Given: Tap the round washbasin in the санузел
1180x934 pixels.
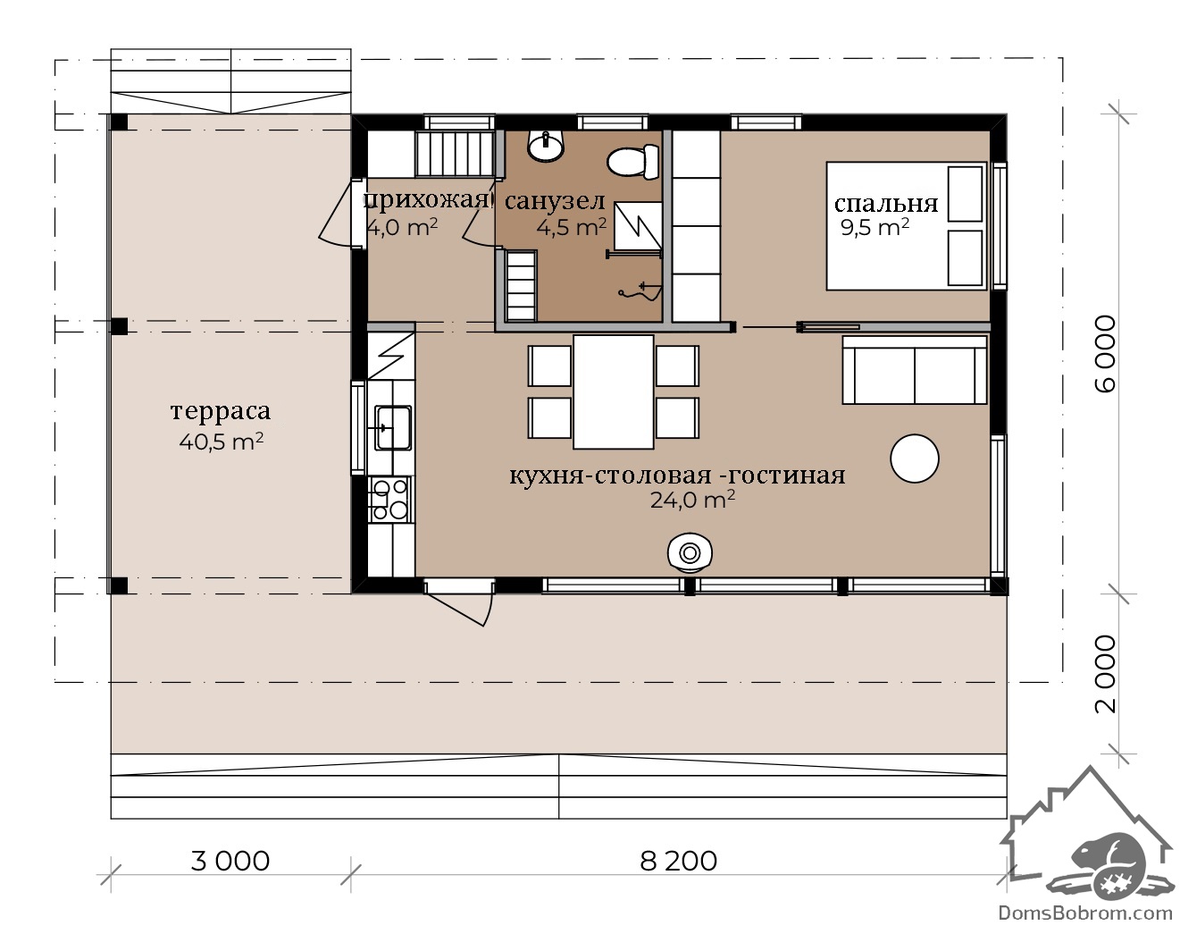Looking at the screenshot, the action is [545, 146].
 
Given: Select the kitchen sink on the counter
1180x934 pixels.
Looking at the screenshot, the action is [393, 427].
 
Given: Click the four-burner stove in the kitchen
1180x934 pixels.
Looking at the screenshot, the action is [390, 499].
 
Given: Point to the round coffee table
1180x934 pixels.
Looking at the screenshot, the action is [914, 459].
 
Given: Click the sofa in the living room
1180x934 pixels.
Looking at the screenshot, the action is [914, 370].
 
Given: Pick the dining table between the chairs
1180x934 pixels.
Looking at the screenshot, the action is [613, 391].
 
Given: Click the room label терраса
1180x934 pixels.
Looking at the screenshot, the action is [221, 411].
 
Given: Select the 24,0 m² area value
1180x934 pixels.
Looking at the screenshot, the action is [692, 500].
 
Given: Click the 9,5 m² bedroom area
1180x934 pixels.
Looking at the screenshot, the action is [875, 227].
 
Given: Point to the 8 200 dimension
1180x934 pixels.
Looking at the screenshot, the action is [678, 861].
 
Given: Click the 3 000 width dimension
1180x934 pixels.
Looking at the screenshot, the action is [230, 861].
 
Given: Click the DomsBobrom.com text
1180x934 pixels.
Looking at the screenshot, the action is [1085, 913].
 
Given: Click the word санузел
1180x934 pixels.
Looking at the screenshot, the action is [555, 202].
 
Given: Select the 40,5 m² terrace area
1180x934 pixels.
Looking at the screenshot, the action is [222, 442].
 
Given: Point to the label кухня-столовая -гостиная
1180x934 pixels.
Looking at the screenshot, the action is [678, 475].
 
